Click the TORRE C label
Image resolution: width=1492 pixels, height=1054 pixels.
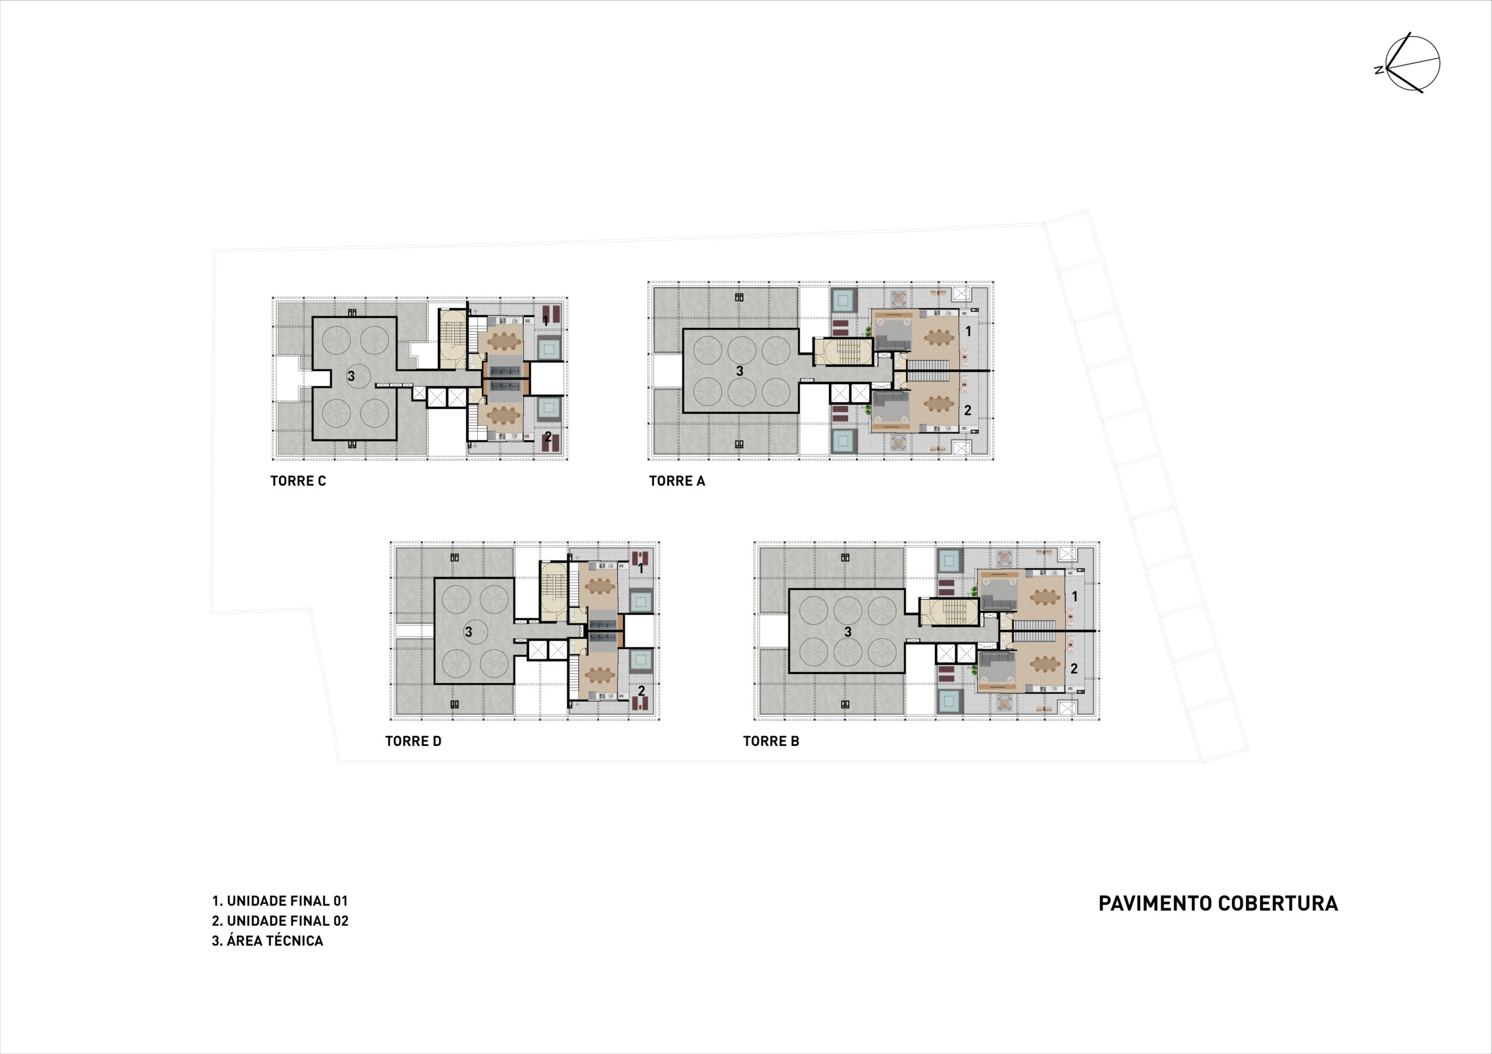click(x=298, y=481)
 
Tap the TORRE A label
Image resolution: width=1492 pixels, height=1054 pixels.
click(x=677, y=481)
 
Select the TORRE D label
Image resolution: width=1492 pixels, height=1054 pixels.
click(x=413, y=742)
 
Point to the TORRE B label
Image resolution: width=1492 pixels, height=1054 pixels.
click(x=770, y=742)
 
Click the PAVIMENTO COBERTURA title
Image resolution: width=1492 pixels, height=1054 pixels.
click(x=1217, y=904)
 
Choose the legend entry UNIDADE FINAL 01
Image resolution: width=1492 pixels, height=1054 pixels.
click(x=280, y=901)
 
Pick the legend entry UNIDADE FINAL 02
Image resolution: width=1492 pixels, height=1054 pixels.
click(x=280, y=921)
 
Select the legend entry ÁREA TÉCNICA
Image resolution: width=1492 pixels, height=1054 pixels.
click(x=267, y=941)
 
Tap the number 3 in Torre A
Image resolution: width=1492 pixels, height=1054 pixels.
click(x=740, y=372)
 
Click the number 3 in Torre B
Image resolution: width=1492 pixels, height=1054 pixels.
click(x=847, y=632)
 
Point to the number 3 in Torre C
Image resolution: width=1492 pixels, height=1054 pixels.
click(x=351, y=376)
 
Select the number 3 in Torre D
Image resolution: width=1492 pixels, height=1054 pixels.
click(x=468, y=632)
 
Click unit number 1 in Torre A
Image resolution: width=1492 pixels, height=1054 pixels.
click(x=968, y=331)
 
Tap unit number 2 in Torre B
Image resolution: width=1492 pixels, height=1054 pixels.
click(x=1074, y=669)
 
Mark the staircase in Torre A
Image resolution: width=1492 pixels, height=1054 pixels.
click(x=843, y=352)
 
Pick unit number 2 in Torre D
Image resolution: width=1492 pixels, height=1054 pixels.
click(x=641, y=691)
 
